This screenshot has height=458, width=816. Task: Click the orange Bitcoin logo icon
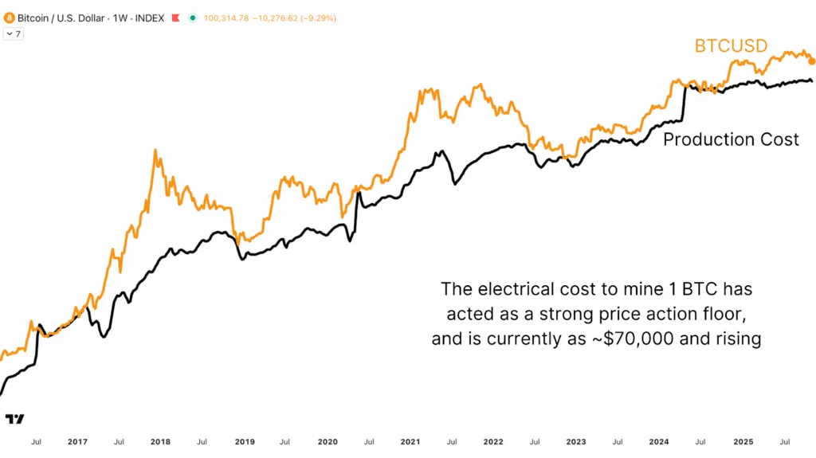(x=10, y=18)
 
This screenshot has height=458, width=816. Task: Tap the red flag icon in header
(x=175, y=18)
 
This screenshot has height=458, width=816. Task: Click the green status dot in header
(x=192, y=18)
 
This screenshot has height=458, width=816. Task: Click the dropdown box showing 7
(x=14, y=34)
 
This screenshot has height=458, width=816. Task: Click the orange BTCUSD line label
(x=731, y=46)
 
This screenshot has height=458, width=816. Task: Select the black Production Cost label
(x=731, y=140)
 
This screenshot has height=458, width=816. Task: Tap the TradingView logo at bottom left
(x=14, y=419)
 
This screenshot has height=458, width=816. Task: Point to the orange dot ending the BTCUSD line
(x=811, y=61)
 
